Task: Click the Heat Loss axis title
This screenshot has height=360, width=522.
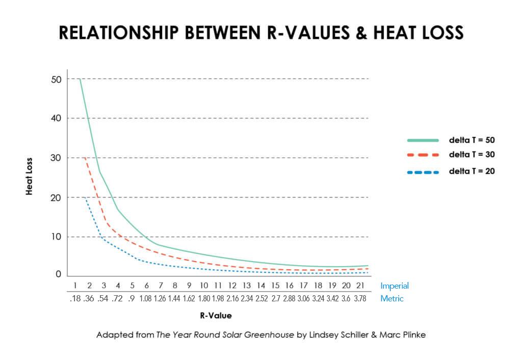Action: click(30, 176)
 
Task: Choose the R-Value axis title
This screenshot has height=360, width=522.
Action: click(216, 316)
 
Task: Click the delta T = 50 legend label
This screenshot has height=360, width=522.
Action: click(472, 140)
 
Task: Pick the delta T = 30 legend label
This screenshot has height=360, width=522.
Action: click(472, 154)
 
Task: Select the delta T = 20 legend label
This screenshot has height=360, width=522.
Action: click(472, 171)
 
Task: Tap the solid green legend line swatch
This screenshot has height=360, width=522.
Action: click(423, 140)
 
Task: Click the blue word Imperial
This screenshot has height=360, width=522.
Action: click(395, 286)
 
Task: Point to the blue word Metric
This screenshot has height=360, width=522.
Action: click(391, 299)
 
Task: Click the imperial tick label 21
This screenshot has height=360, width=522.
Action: click(360, 286)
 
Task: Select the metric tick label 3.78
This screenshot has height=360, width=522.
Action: click(360, 299)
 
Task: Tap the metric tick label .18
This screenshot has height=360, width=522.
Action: click(75, 299)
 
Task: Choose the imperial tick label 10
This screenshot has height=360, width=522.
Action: click(204, 286)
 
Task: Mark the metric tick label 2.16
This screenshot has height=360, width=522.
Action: click(232, 299)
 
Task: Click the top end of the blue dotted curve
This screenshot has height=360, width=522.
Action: click(85, 198)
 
